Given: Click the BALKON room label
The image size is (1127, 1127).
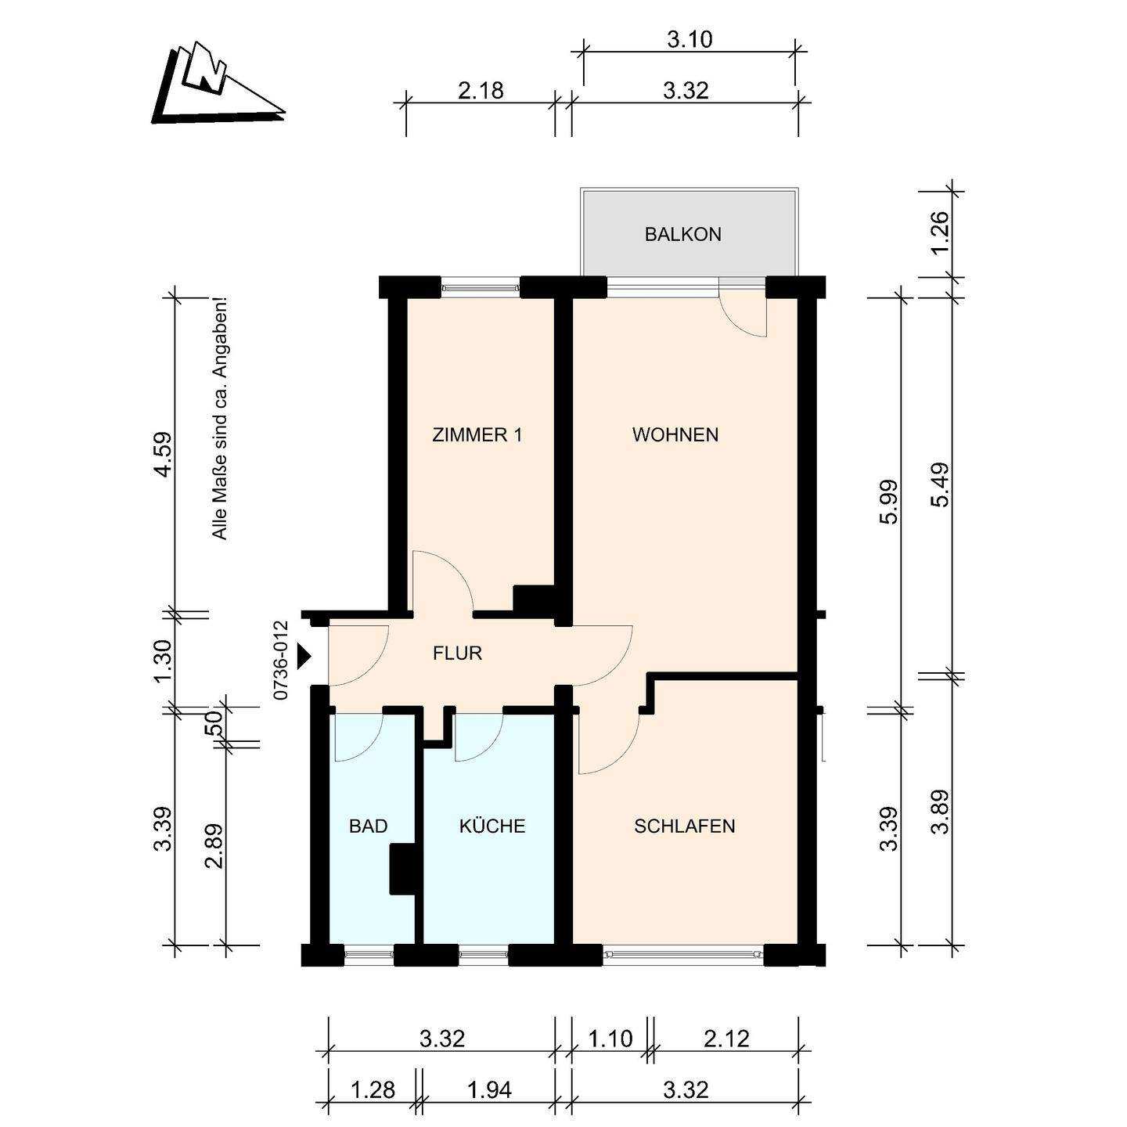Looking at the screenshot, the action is pyautogui.click(x=682, y=235).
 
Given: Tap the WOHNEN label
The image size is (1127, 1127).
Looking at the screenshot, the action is pyautogui.click(x=675, y=435).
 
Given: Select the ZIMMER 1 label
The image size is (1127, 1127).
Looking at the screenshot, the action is pyautogui.click(x=477, y=435).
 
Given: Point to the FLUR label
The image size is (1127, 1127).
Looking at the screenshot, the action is pyautogui.click(x=457, y=653).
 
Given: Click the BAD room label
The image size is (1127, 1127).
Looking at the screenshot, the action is pyautogui.click(x=369, y=826).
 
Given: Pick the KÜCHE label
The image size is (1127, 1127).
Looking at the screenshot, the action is pyautogui.click(x=492, y=826).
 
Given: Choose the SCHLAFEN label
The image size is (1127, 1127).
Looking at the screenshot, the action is pyautogui.click(x=685, y=826).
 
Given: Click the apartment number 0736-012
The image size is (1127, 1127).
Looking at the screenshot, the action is pyautogui.click(x=281, y=661).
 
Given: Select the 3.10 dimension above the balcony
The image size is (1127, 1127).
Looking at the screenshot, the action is pyautogui.click(x=690, y=40).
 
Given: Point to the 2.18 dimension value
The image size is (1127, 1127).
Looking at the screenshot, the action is pyautogui.click(x=481, y=91).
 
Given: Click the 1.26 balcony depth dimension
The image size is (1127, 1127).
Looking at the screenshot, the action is pyautogui.click(x=942, y=232).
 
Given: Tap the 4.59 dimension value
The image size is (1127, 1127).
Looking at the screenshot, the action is pyautogui.click(x=163, y=455).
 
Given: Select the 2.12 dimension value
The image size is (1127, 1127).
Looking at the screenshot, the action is pyautogui.click(x=726, y=1039).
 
